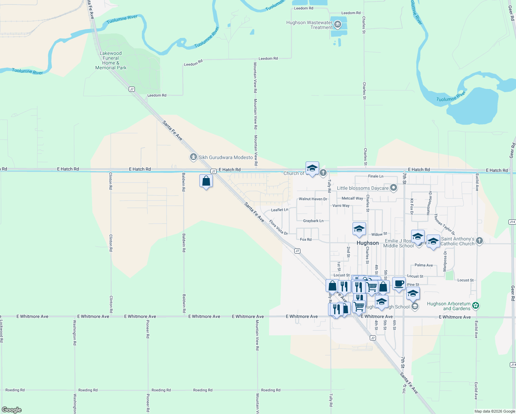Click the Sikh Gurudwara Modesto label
click(x=226, y=157)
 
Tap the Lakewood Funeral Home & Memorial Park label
click(x=111, y=60)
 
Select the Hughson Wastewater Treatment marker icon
click(x=338, y=24)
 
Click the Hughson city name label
click(x=368, y=243)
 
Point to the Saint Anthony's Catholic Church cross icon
click(x=479, y=241)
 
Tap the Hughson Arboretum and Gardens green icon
click(x=476, y=306)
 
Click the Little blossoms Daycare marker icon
click(x=394, y=188)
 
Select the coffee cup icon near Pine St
click(x=399, y=284)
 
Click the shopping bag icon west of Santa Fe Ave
click(x=206, y=181)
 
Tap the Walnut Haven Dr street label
click(x=313, y=199)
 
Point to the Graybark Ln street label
click(x=313, y=221)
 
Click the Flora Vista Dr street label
click(x=278, y=228)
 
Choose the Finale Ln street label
click(x=376, y=176)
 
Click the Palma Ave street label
click(x=424, y=265)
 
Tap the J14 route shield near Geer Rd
click(x=512, y=222)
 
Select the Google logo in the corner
click(x=12, y=410)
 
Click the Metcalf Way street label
click(x=352, y=198)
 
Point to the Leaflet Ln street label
click(x=279, y=210)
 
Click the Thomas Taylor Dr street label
click(x=444, y=224)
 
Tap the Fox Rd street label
click(x=306, y=239)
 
